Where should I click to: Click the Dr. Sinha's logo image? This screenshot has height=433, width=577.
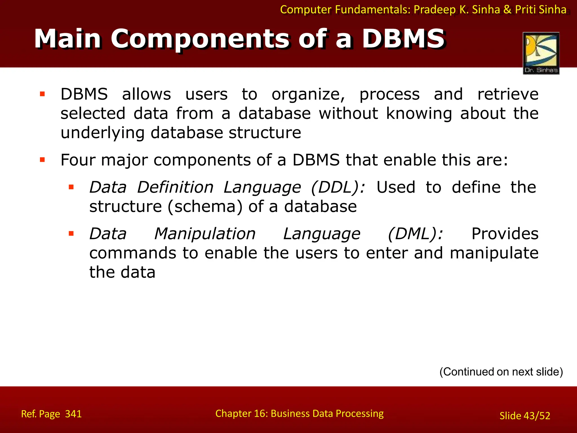coord(541,53)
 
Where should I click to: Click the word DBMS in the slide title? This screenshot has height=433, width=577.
coord(403,39)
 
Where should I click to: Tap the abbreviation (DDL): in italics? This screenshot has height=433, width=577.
coord(338,187)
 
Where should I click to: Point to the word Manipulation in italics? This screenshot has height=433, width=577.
coord(205,234)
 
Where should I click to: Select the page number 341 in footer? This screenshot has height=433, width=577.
coord(73,414)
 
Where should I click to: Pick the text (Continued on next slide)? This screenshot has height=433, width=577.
coord(501,372)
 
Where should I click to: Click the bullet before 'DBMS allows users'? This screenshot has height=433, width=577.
coord(43,94)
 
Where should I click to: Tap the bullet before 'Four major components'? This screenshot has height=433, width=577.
coord(43,160)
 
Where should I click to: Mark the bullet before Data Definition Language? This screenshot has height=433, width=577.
coord(71,187)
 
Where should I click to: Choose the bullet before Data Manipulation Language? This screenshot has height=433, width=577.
coord(71,233)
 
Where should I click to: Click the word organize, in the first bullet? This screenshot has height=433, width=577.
coord(308,94)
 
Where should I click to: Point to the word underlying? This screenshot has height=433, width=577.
coord(103,133)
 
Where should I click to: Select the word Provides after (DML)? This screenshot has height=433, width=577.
coord(505,234)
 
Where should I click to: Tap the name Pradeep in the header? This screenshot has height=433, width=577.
coord(434,10)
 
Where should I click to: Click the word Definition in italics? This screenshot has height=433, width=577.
coord(175,187)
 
